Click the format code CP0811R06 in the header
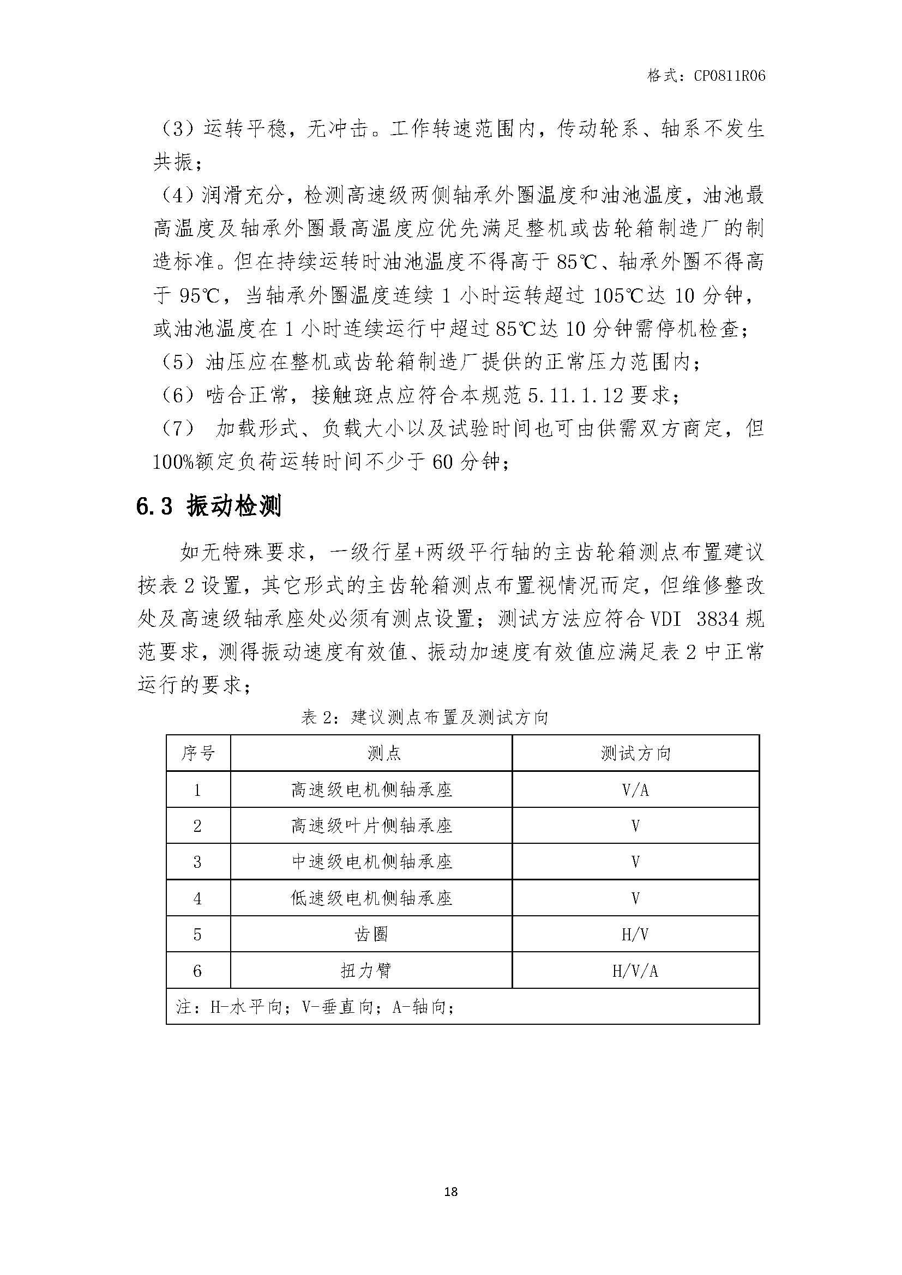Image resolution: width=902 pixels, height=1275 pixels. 729,76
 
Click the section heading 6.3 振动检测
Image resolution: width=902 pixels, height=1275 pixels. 209,506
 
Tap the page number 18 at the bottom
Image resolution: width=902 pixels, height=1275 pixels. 451,1191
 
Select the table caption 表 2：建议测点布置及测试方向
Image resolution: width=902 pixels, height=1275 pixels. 425,717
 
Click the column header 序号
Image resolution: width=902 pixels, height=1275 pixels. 198,753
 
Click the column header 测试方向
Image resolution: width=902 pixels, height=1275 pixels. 635,753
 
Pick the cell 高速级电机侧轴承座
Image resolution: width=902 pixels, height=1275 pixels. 371,790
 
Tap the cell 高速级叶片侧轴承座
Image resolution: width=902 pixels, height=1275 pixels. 371,826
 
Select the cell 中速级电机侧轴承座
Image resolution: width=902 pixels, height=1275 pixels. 371,862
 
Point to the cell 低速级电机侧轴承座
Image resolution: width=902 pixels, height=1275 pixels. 371,898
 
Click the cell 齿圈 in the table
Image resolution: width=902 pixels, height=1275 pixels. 371,934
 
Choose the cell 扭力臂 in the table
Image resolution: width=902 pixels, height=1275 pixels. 366,970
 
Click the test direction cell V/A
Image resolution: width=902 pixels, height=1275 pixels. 635,790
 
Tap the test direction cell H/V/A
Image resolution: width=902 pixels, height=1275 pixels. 635,971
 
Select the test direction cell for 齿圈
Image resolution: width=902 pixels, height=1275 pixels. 635,935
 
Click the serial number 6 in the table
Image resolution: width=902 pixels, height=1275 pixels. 197,971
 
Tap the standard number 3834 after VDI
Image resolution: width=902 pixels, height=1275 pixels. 718,619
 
